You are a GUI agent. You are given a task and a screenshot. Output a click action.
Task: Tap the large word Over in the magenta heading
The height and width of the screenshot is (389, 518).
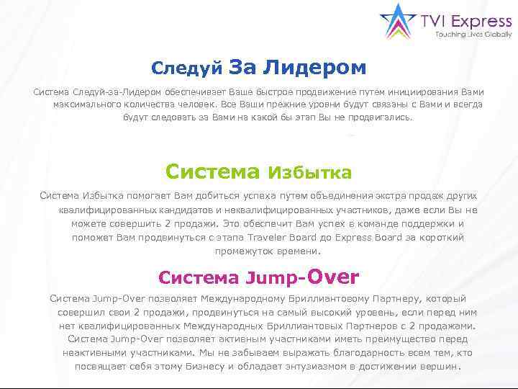pos(332,277)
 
